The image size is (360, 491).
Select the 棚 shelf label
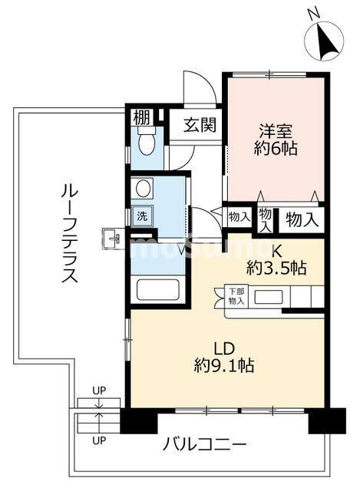pyautogui.click(x=140, y=117)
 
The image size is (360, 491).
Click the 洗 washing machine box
pyautogui.click(x=142, y=215)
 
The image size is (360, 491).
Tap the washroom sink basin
pyautogui.click(x=143, y=189)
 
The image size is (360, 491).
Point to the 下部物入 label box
pyautogui.click(x=236, y=296)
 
